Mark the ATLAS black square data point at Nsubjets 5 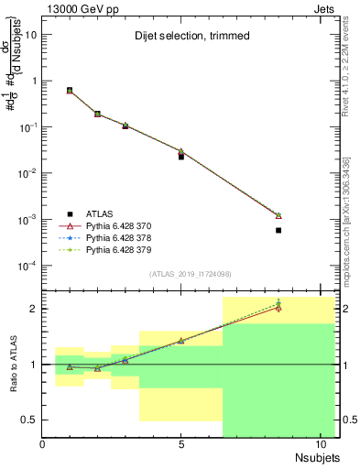tap(181, 157)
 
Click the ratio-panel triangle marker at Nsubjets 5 tap(181, 341)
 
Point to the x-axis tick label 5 tap(181, 444)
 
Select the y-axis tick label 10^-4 tap(27, 266)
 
